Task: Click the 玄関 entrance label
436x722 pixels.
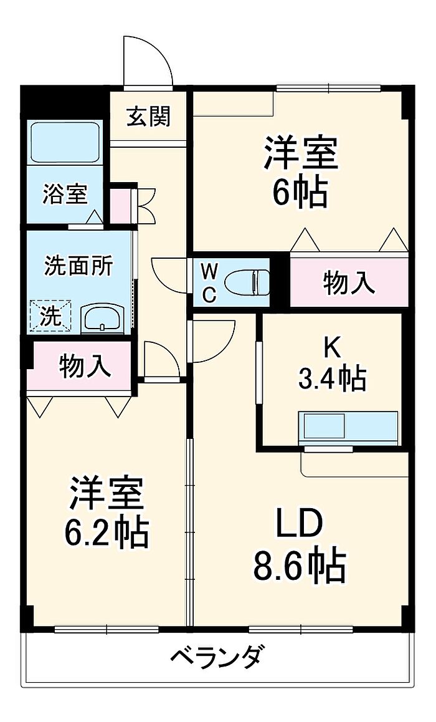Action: coord(148,117)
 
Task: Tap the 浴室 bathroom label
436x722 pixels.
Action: coord(64,195)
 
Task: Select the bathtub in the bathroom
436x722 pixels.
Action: coord(65,143)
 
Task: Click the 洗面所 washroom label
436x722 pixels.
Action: coord(78,266)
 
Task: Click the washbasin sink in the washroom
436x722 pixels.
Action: coord(103,319)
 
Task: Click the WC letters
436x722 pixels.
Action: coord(210,283)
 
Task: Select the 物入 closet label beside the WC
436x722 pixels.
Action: coord(349,284)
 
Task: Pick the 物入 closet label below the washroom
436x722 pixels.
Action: coord(85,366)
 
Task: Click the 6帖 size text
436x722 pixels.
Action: coord(300,193)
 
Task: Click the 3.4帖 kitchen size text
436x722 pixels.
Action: coord(331,378)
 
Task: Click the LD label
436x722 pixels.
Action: coord(300,526)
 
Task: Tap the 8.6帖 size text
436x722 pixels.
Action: coord(300,564)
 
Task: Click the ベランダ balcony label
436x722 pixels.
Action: coord(216,657)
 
